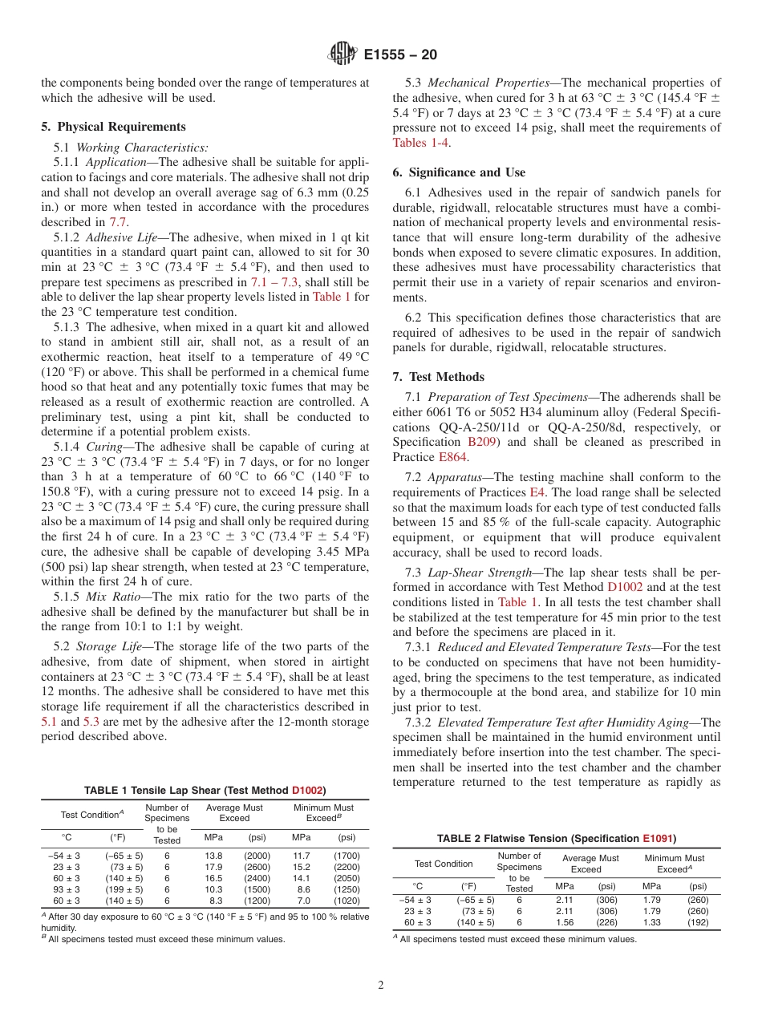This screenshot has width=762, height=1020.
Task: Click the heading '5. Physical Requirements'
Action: point(113,127)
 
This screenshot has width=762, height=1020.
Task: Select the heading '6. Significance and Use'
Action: point(459,172)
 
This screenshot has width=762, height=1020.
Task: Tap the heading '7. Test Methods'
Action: point(438,377)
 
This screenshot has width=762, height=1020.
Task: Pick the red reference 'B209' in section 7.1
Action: point(481,442)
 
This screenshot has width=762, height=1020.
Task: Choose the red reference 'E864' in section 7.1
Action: point(452,457)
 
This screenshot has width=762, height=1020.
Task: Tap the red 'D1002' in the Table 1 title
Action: point(307,790)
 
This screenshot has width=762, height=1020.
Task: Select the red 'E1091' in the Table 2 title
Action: point(658,839)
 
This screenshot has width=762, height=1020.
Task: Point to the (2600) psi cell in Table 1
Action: point(257,867)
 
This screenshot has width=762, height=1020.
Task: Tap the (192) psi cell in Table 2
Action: point(698,922)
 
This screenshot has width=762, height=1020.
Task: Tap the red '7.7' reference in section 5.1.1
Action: point(119,222)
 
